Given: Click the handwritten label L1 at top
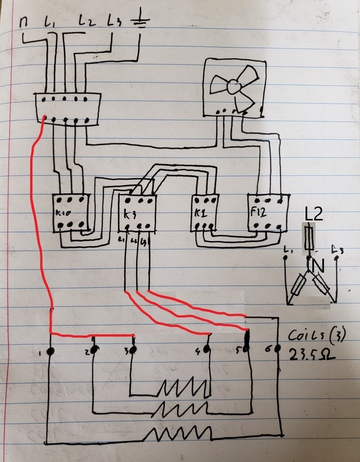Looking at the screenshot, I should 49,21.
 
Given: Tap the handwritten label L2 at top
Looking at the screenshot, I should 87,21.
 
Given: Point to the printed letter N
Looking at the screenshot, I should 318,267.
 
